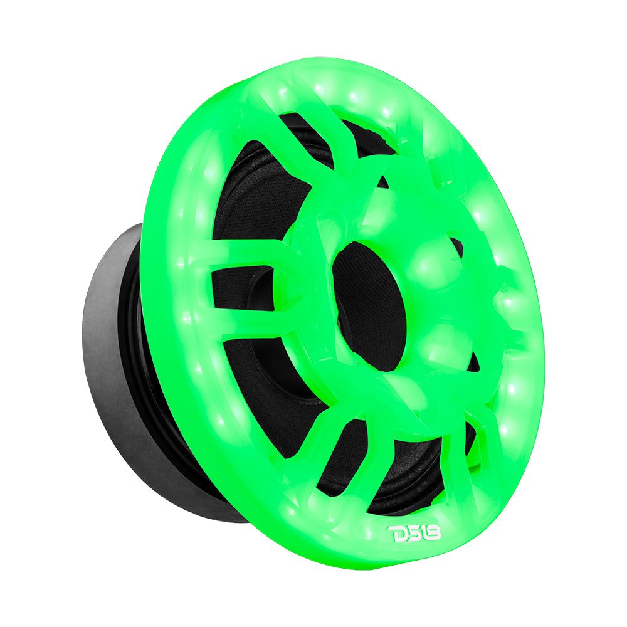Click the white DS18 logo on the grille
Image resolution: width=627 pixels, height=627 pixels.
coord(415,534)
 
